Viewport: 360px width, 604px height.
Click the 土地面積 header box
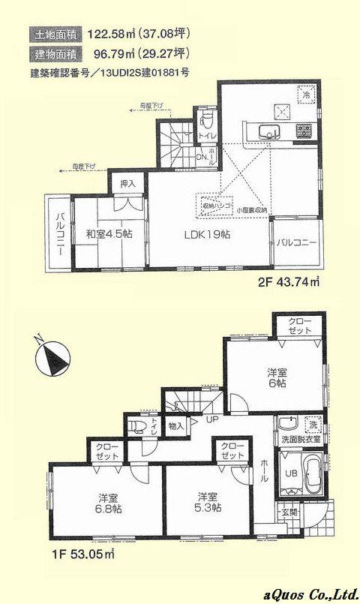point(55,33)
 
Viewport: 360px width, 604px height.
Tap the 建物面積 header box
point(55,53)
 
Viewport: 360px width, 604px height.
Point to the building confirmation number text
point(109,74)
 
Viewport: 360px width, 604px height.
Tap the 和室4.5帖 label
point(109,234)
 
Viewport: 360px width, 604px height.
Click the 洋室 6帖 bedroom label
point(275,377)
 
